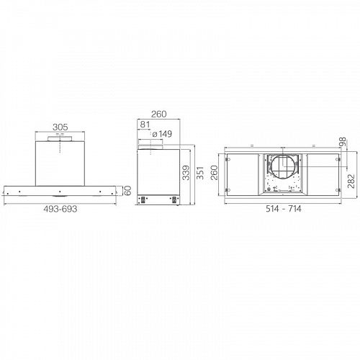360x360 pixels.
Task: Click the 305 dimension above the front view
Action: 60,127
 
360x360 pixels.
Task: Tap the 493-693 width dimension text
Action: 60,209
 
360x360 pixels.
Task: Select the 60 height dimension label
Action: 128,190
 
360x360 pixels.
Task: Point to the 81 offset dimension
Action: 145,125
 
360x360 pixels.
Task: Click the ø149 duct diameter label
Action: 162,134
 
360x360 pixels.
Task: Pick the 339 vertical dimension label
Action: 186,173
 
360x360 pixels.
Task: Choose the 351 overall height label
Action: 200,173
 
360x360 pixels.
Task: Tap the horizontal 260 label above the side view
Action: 158,114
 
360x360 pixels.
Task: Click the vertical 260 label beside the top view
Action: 214,173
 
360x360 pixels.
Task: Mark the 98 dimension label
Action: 343,142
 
